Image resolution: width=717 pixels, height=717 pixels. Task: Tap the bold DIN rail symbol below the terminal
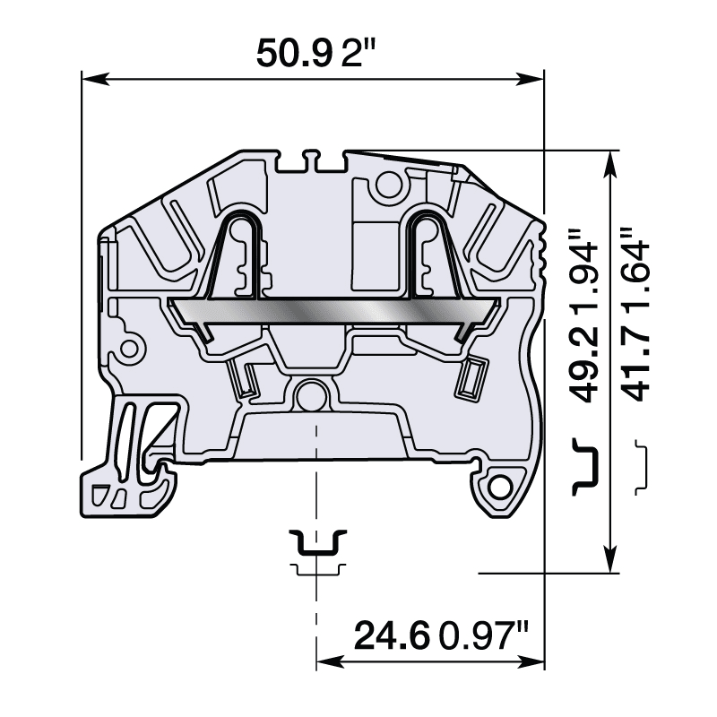(316, 542)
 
